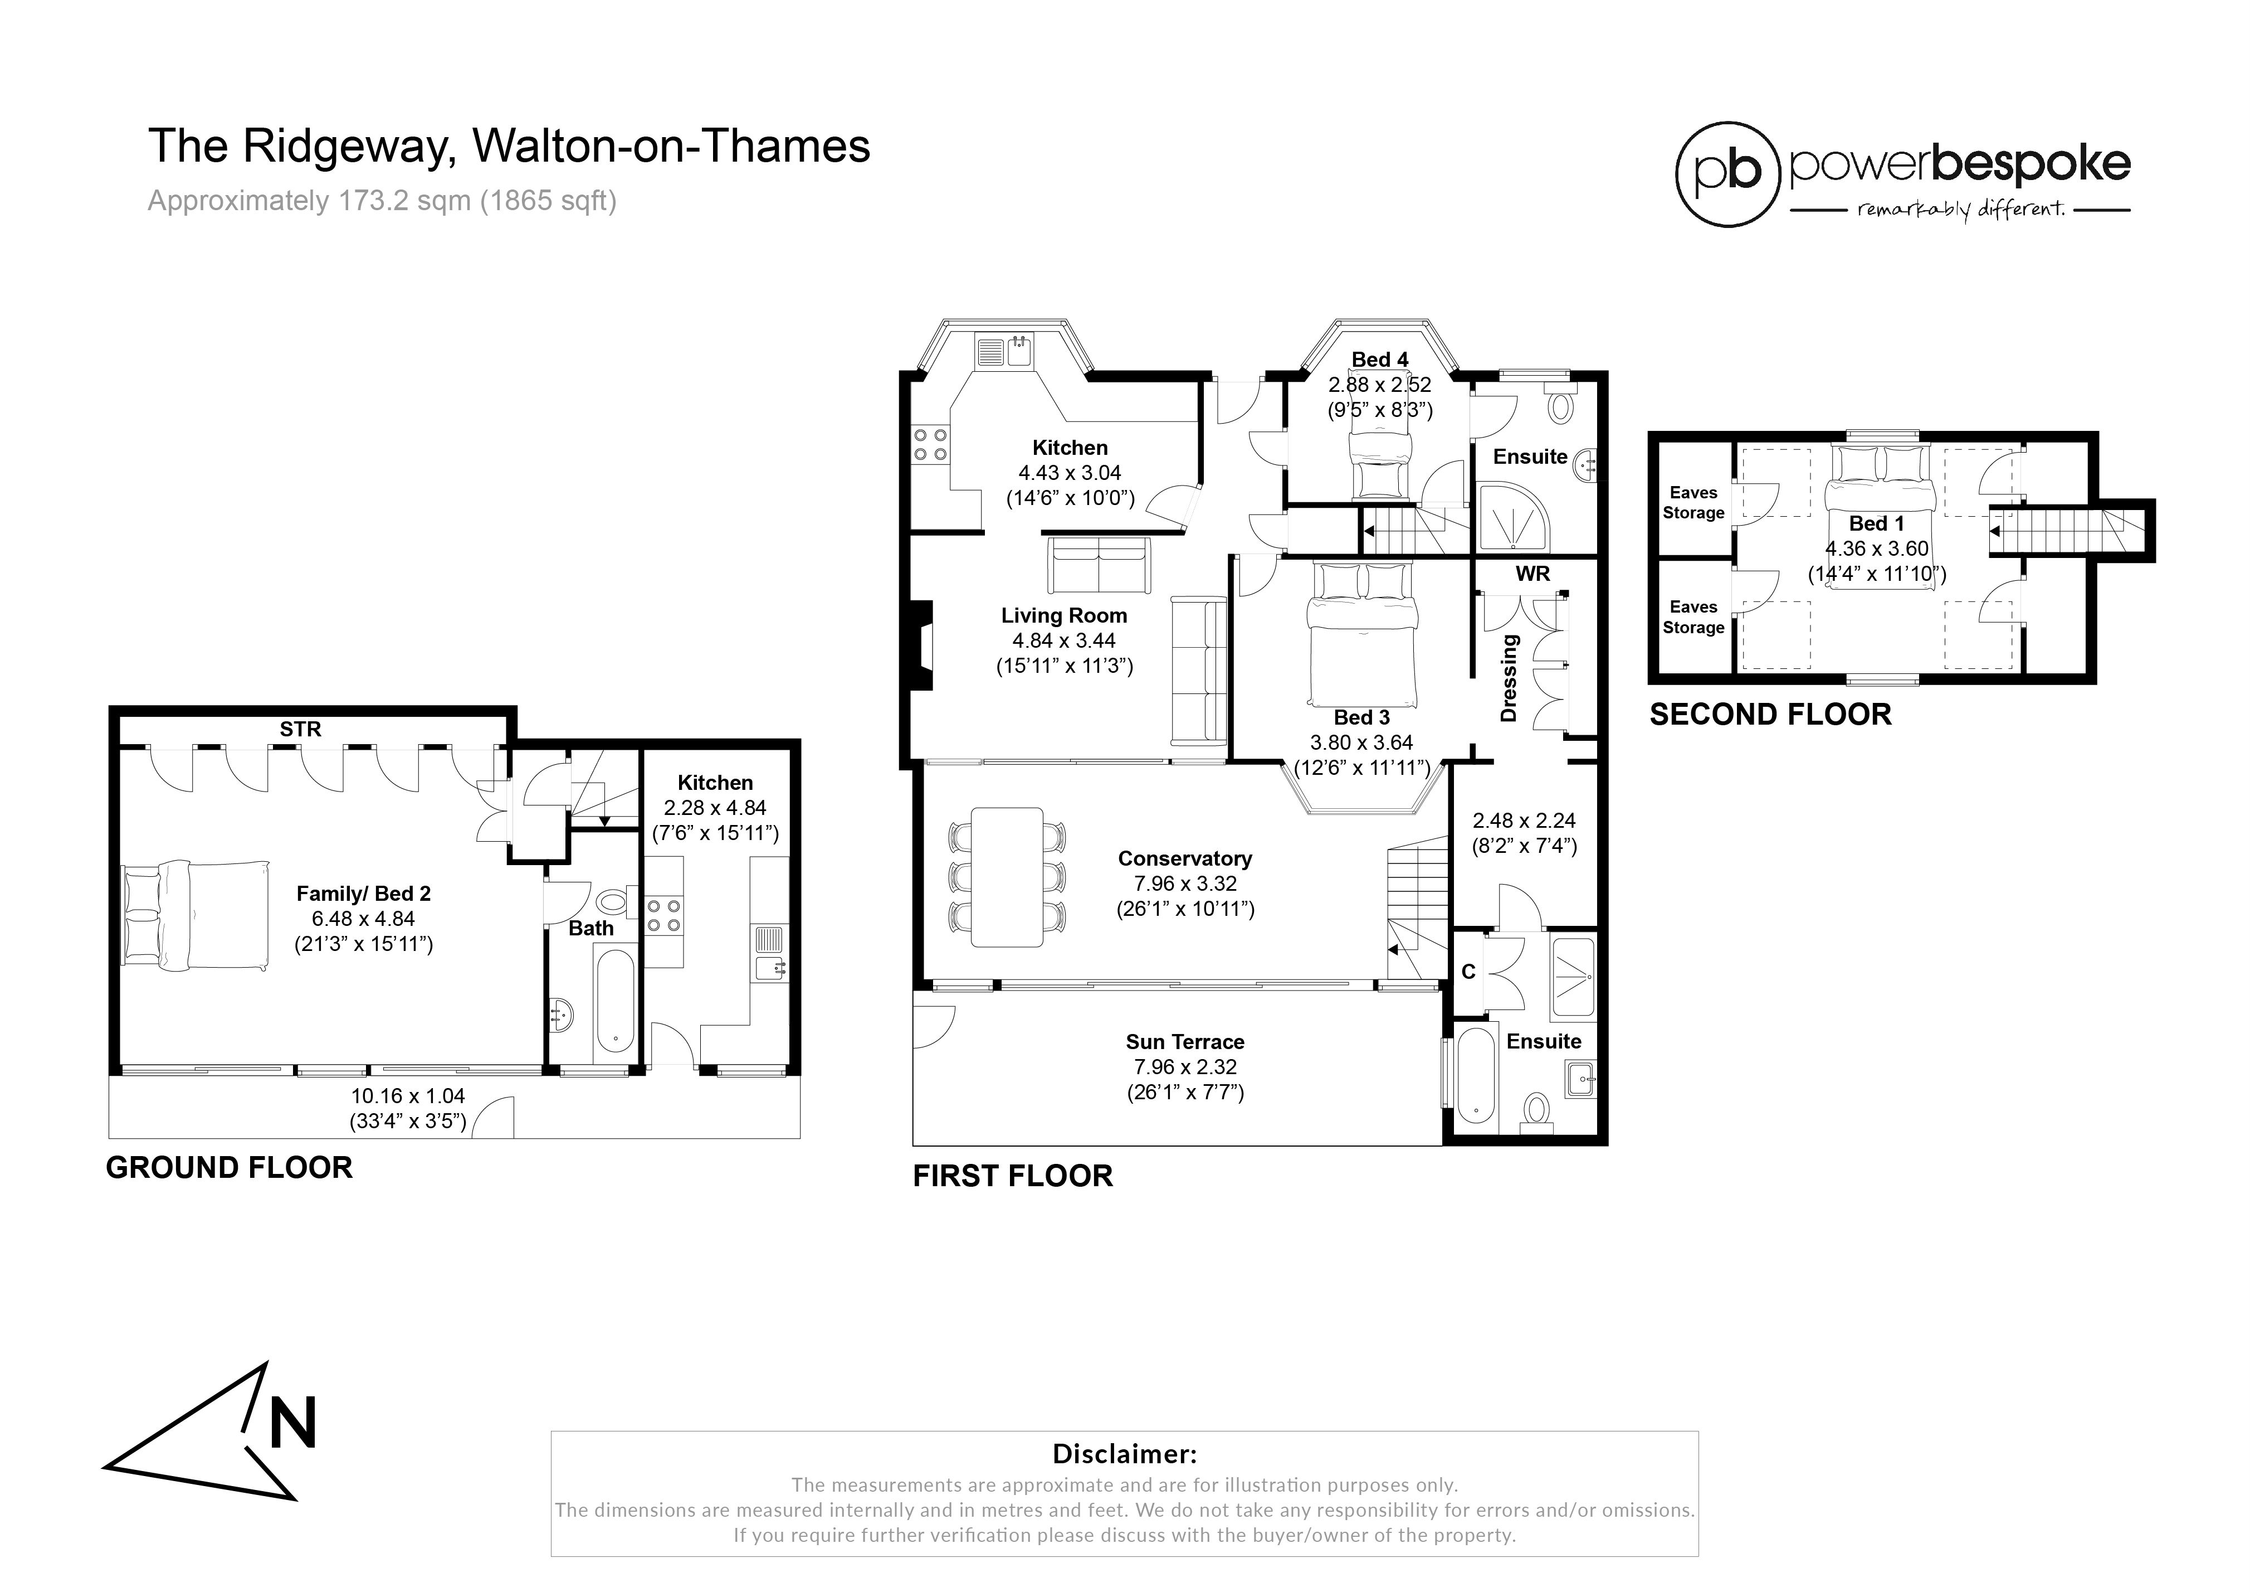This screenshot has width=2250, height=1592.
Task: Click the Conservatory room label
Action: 1185,859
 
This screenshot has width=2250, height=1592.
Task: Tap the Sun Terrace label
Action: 1185,1042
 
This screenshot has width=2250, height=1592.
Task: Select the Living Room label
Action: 1064,615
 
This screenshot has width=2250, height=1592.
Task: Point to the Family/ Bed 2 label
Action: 364,894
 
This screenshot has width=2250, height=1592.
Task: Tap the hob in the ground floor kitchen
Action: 663,916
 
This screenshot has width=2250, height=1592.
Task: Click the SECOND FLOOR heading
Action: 1770,715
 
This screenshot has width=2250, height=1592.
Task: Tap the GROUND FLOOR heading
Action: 230,1168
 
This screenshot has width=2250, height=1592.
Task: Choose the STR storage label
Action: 300,729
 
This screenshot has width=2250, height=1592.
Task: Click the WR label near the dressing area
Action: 1532,574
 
